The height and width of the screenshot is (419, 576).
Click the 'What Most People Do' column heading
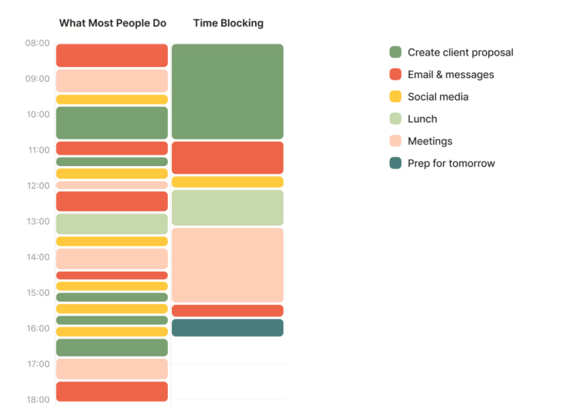(x=112, y=23)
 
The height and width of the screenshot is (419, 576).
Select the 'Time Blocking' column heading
(x=228, y=23)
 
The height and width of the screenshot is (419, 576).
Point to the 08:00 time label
(x=37, y=43)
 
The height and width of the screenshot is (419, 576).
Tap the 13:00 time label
(x=37, y=222)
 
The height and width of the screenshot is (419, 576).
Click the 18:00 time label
(x=37, y=399)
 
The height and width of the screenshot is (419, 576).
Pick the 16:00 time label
(x=37, y=328)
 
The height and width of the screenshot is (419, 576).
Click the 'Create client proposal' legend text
(x=460, y=53)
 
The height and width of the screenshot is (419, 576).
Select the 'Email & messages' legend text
(x=450, y=74)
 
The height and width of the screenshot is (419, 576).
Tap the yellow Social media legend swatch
(x=395, y=97)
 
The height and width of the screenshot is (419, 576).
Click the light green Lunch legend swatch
(x=395, y=119)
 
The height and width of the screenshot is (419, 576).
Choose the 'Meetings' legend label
(x=430, y=141)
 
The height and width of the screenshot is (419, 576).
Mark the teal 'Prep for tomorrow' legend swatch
(x=395, y=163)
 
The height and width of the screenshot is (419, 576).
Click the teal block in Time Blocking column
(x=227, y=328)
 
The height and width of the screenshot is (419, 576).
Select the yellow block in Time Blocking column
(x=227, y=182)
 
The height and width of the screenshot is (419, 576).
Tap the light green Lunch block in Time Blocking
(x=227, y=208)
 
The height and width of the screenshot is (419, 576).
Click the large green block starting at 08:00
(x=227, y=92)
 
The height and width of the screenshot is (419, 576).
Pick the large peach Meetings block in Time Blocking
(x=227, y=265)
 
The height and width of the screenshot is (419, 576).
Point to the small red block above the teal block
(x=227, y=311)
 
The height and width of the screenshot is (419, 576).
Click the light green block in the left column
(x=112, y=224)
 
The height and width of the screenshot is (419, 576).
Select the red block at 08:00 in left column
(x=112, y=56)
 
